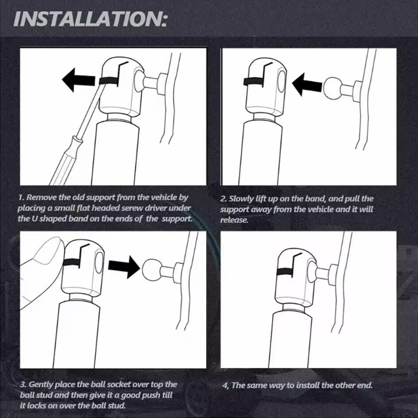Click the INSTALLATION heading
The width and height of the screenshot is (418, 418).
(90, 19)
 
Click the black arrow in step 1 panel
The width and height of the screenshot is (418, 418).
(79, 79)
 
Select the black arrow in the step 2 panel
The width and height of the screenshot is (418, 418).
(307, 84)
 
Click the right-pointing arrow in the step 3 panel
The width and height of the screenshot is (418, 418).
(124, 267)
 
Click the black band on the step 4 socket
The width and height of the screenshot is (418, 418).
(285, 272)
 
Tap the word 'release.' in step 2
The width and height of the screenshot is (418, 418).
(234, 220)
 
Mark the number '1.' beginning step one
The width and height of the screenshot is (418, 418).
(21, 198)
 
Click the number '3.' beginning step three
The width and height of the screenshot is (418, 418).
(23, 385)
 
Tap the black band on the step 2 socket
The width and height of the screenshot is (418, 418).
(253, 82)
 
